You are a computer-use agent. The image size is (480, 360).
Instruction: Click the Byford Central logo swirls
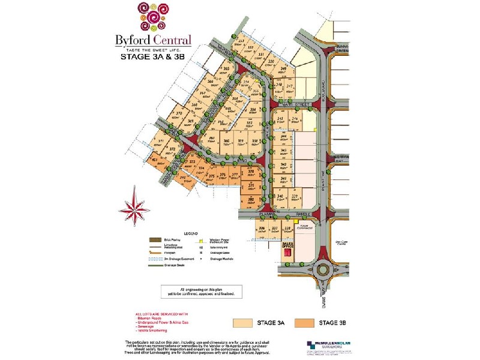(x=152, y=17)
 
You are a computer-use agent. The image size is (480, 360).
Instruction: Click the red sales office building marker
(x=287, y=253)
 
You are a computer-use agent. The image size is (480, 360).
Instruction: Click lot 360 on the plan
(x=226, y=142)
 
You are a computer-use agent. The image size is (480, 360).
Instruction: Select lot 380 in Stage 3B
(x=251, y=200)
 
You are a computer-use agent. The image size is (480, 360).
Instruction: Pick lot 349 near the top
(x=283, y=71)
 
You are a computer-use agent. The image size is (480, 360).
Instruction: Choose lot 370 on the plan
(x=178, y=114)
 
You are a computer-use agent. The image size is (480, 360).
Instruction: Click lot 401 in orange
(x=155, y=161)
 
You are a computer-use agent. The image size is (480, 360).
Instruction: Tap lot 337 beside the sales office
(x=275, y=230)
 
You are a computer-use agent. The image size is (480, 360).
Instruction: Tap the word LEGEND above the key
(x=190, y=232)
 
